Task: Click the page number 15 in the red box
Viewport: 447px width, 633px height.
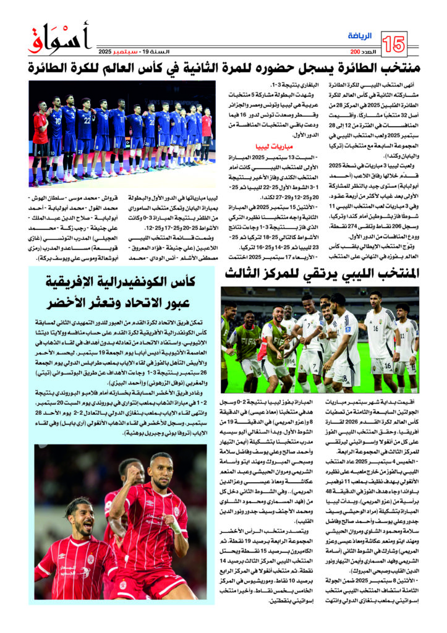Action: coord(394,43)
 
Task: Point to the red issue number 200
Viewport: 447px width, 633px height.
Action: coord(355,51)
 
